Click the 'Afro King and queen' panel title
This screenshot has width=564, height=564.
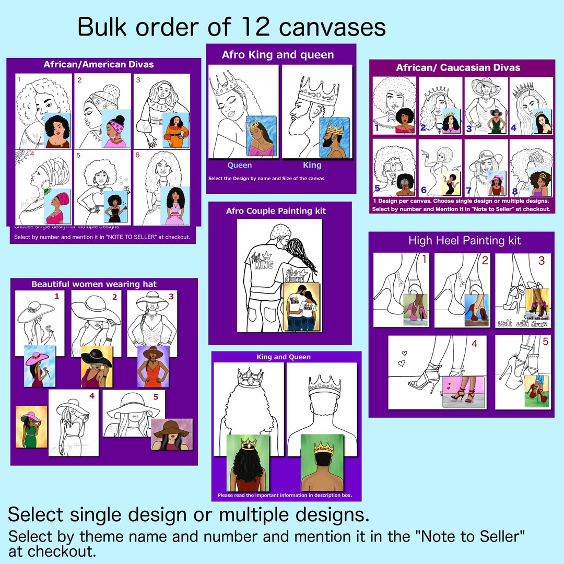click(277, 54)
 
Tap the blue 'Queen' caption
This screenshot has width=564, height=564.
click(239, 165)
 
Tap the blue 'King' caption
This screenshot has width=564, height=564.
click(312, 165)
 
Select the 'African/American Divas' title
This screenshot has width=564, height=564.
click(99, 65)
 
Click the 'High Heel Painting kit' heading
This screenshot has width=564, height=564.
click(464, 241)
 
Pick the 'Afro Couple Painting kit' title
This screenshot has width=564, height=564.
click(276, 211)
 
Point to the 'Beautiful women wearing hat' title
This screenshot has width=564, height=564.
click(94, 284)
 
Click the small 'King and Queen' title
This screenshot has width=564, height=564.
click(284, 357)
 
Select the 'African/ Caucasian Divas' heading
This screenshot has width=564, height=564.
click(458, 67)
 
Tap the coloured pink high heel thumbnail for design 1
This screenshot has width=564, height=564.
click(416, 310)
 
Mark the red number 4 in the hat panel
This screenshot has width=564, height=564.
click(92, 396)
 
